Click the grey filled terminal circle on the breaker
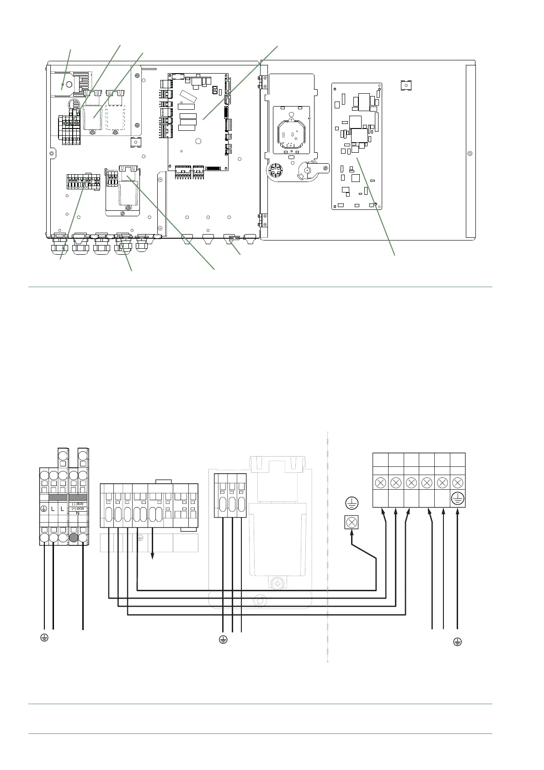[73, 537]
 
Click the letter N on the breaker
[78, 513]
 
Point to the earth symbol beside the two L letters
[44, 508]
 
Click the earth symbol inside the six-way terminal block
[458, 499]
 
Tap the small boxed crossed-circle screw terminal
[352, 522]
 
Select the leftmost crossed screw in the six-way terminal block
[380, 482]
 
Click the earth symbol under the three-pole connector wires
[223, 639]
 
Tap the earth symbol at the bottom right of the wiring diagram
[457, 642]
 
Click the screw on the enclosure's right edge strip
[469, 153]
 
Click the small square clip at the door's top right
[405, 85]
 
